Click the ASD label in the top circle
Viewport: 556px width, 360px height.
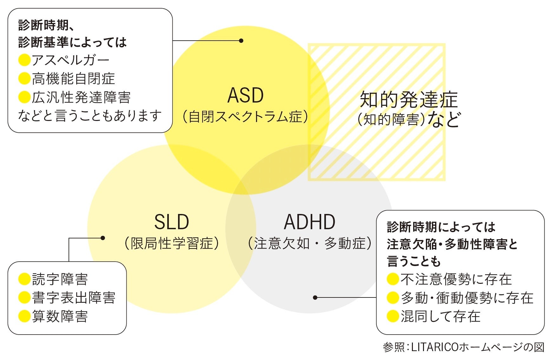(x=246, y=95)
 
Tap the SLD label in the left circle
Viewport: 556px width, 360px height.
(x=172, y=222)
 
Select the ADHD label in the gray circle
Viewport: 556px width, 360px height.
(x=310, y=222)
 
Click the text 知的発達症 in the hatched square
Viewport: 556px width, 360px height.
(x=409, y=100)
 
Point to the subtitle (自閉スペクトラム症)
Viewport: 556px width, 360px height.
(x=246, y=117)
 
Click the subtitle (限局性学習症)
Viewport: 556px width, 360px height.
(x=172, y=243)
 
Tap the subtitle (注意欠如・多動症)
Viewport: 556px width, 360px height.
(x=310, y=243)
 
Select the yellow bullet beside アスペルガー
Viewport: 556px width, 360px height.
(x=24, y=60)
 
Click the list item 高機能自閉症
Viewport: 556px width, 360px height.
(x=73, y=79)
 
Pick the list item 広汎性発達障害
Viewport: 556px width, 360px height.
(x=81, y=97)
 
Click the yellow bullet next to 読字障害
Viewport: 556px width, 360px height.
(x=24, y=279)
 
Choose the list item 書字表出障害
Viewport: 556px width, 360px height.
(x=74, y=297)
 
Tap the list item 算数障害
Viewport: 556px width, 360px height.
(x=60, y=316)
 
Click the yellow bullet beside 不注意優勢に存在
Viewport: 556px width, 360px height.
(x=393, y=279)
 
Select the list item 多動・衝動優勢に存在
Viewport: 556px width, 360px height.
(x=467, y=297)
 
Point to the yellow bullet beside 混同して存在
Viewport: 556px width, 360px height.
(x=393, y=316)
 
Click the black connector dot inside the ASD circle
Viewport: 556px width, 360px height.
(x=241, y=41)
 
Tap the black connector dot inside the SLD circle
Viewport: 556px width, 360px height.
(x=103, y=238)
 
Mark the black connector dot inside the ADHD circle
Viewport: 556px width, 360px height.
(x=315, y=297)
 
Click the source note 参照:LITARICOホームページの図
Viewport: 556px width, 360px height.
(x=464, y=347)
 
